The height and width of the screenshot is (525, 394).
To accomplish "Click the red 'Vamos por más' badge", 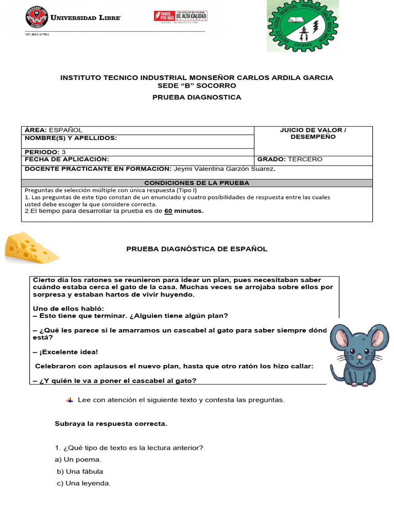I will tap(164, 16).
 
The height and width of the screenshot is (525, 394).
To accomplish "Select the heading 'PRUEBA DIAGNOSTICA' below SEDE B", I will tap(197, 97).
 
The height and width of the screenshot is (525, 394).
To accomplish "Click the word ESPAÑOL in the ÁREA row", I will tap(66, 130).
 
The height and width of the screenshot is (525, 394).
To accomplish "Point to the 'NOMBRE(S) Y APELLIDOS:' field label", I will tap(71, 138).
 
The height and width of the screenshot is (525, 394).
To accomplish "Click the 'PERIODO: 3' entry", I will tap(45, 152).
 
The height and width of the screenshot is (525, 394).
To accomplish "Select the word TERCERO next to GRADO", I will tap(305, 159).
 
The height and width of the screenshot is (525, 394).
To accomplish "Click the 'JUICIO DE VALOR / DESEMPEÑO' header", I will tap(313, 134).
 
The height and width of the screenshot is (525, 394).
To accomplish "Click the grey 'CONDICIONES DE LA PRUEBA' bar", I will tap(197, 183).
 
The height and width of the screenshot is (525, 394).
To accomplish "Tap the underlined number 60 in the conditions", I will tap(168, 211).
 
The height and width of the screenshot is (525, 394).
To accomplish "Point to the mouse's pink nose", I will tap(359, 356).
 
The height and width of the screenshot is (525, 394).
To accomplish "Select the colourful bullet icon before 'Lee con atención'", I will tap(70, 399).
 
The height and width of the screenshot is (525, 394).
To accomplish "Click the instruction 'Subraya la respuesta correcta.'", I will tap(111, 424).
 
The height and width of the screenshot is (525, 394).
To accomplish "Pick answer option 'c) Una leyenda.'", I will tap(84, 483).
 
